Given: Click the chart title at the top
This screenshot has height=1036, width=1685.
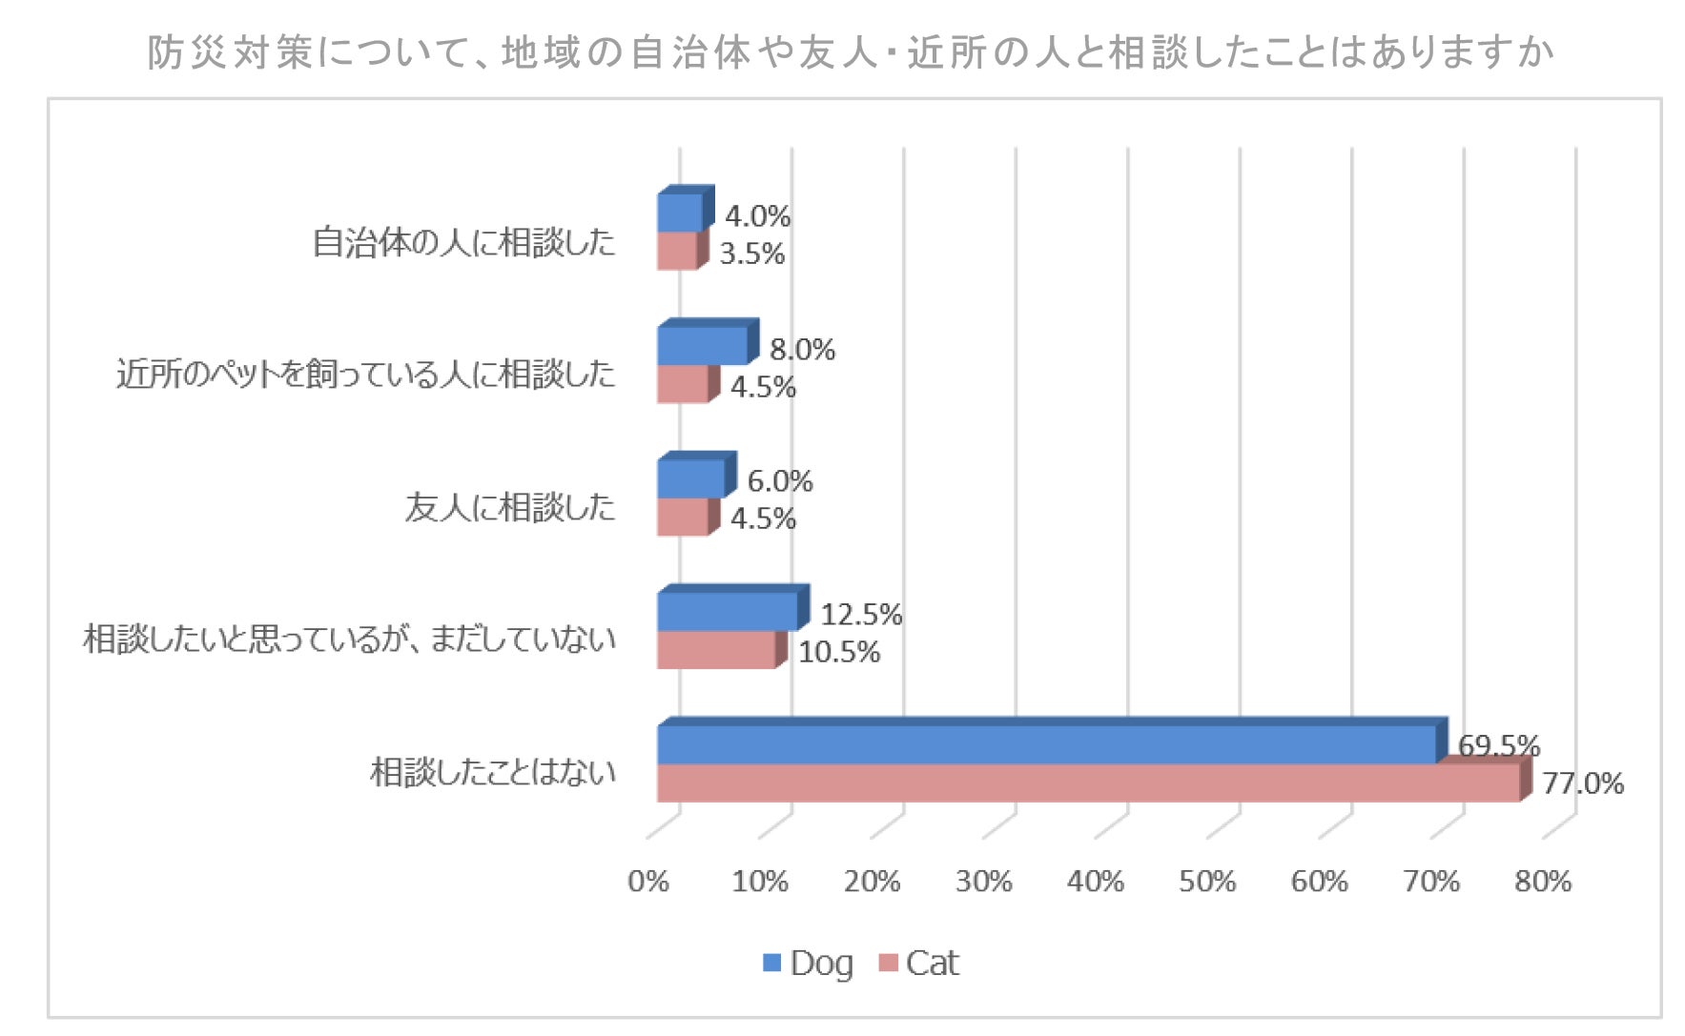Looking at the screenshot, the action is tap(851, 52).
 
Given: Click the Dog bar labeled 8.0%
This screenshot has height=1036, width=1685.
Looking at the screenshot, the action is tap(708, 342).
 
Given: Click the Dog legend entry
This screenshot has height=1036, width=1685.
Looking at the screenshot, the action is tap(808, 964).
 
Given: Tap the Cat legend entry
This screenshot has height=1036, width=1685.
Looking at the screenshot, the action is tap(918, 964).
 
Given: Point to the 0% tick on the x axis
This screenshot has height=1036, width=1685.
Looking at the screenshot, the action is tap(648, 882).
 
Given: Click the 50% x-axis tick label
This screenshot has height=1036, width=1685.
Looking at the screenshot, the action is tap(1207, 882).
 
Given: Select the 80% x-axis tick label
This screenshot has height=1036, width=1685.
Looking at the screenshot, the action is tap(1543, 882).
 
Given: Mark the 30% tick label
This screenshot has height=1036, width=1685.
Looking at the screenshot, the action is tap(983, 882).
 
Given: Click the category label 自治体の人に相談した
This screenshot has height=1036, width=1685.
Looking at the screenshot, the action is tap(464, 242).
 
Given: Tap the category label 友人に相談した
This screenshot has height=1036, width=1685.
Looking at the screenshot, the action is tap(510, 507).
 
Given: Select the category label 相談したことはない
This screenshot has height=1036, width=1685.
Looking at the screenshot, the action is tap(493, 772).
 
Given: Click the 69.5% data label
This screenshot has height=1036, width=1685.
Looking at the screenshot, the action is tap(1499, 745).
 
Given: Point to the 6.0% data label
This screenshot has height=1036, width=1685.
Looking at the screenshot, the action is tap(780, 481).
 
